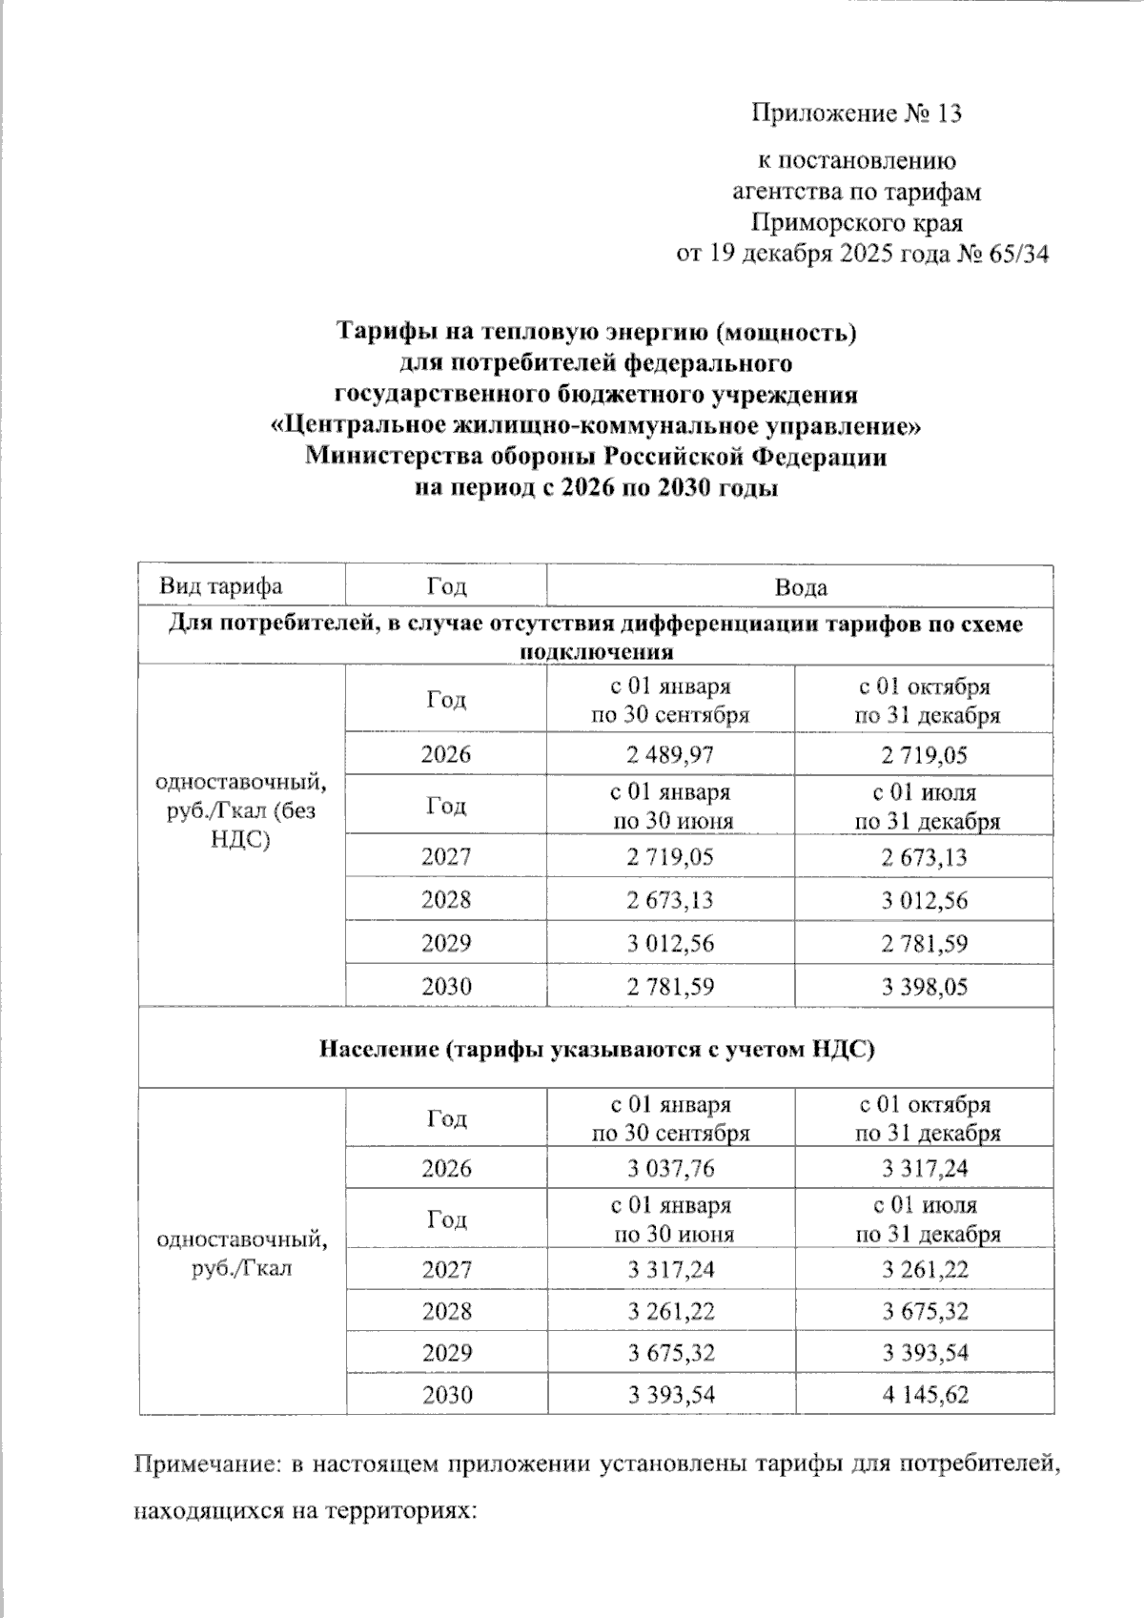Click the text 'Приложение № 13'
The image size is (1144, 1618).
(x=856, y=113)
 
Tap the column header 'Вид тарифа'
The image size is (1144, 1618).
(x=220, y=586)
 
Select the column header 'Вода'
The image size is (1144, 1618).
(x=800, y=587)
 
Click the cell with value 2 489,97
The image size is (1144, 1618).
(x=670, y=755)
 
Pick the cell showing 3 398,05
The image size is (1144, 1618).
(x=924, y=987)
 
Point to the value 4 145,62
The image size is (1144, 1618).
(x=925, y=1395)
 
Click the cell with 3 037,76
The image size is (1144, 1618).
(x=670, y=1168)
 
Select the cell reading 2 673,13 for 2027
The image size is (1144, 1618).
(x=924, y=857)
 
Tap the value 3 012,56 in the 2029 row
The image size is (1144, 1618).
(x=670, y=944)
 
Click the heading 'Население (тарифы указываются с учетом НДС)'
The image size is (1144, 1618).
(x=596, y=1049)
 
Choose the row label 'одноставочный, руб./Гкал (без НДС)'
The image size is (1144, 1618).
(x=240, y=810)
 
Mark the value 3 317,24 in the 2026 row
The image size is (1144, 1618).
(x=924, y=1168)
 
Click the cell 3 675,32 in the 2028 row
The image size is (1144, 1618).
(x=924, y=1311)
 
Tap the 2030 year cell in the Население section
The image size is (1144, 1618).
(x=446, y=1395)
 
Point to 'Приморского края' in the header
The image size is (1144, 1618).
(x=856, y=223)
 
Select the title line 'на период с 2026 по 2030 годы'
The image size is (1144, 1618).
(x=596, y=489)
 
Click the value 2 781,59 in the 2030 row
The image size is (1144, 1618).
(x=670, y=987)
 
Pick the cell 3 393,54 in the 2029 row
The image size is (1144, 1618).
(x=924, y=1353)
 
